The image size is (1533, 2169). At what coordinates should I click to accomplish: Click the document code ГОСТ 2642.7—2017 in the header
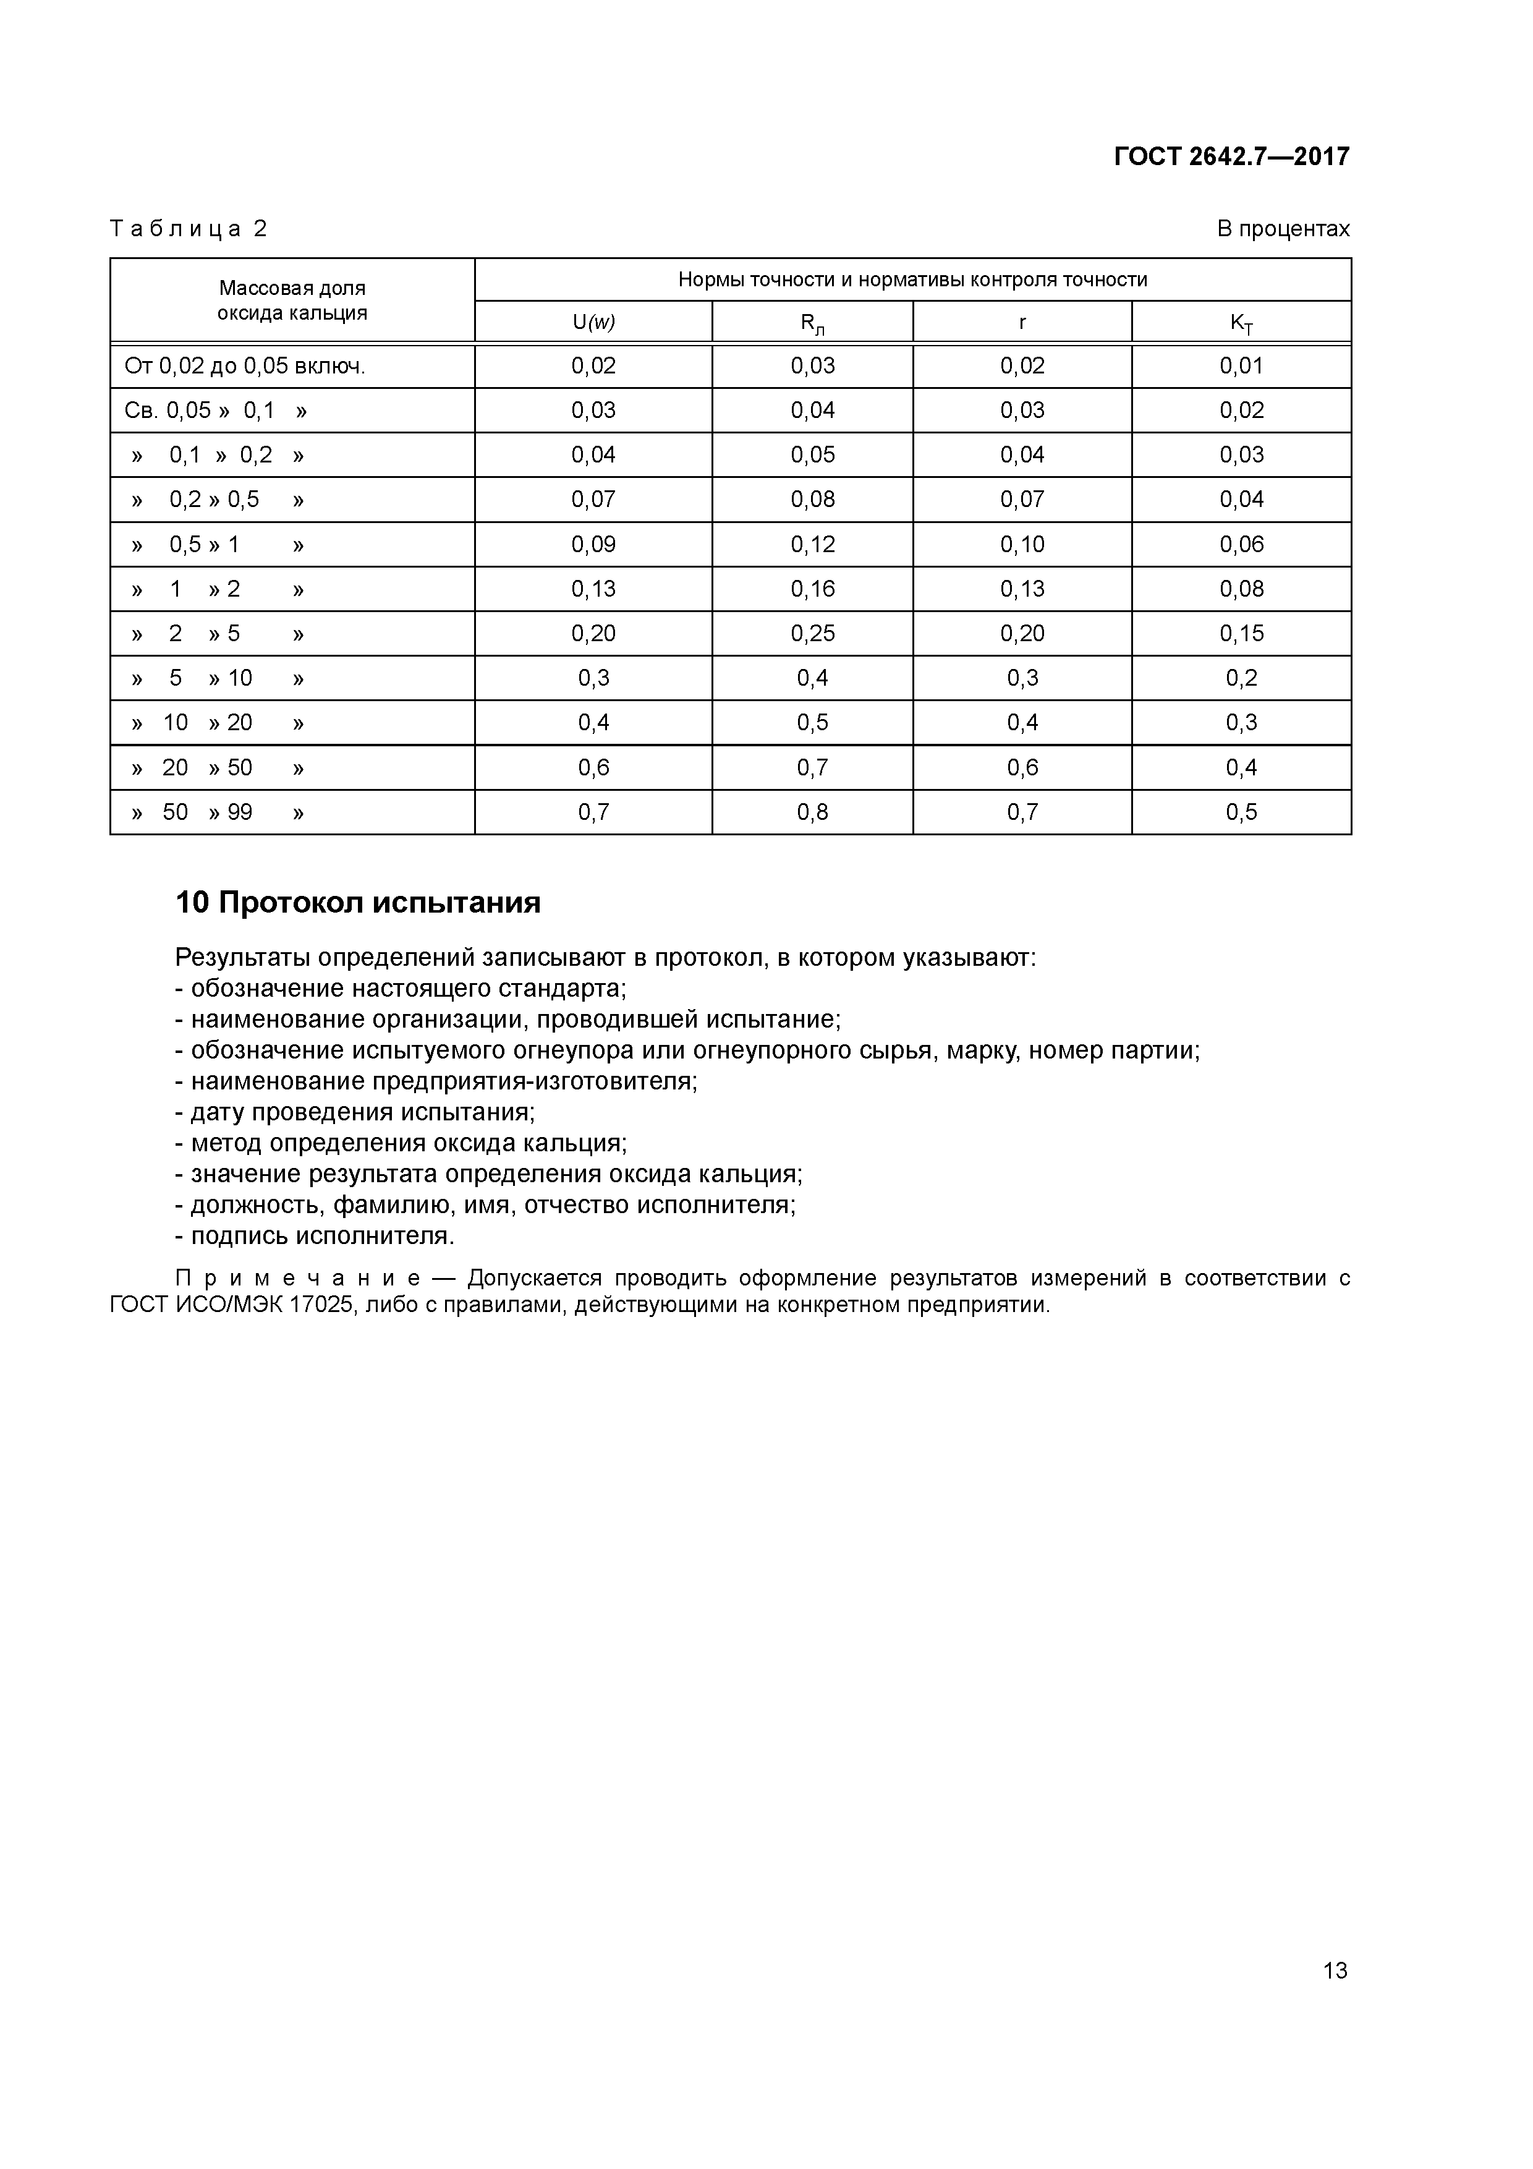[1231, 156]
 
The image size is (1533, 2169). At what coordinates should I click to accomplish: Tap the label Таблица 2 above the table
[189, 229]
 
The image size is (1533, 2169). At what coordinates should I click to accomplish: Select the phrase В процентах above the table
[1283, 229]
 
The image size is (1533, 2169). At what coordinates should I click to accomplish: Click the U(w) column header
[593, 322]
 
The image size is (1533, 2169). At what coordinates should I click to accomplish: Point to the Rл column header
[812, 323]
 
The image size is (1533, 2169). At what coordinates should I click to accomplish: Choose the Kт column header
[1241, 323]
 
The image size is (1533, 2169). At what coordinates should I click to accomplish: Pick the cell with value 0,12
[812, 544]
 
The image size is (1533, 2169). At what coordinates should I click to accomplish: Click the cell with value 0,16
[812, 589]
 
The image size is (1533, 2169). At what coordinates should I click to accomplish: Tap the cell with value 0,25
[812, 633]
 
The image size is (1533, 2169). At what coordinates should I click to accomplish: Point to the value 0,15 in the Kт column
[1241, 633]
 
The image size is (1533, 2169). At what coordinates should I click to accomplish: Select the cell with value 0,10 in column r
[1022, 544]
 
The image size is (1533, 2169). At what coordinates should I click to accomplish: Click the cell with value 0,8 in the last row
[812, 811]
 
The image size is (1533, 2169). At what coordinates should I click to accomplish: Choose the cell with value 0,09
[593, 544]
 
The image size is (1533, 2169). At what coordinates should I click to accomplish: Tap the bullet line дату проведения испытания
[355, 1112]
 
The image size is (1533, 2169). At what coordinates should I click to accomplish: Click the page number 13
[1335, 1970]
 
